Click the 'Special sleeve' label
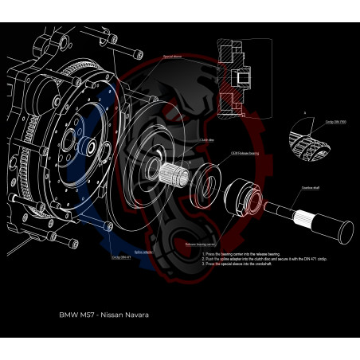(x=173, y=57)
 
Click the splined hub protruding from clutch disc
(x=174, y=170)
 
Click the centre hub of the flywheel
(x=89, y=148)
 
